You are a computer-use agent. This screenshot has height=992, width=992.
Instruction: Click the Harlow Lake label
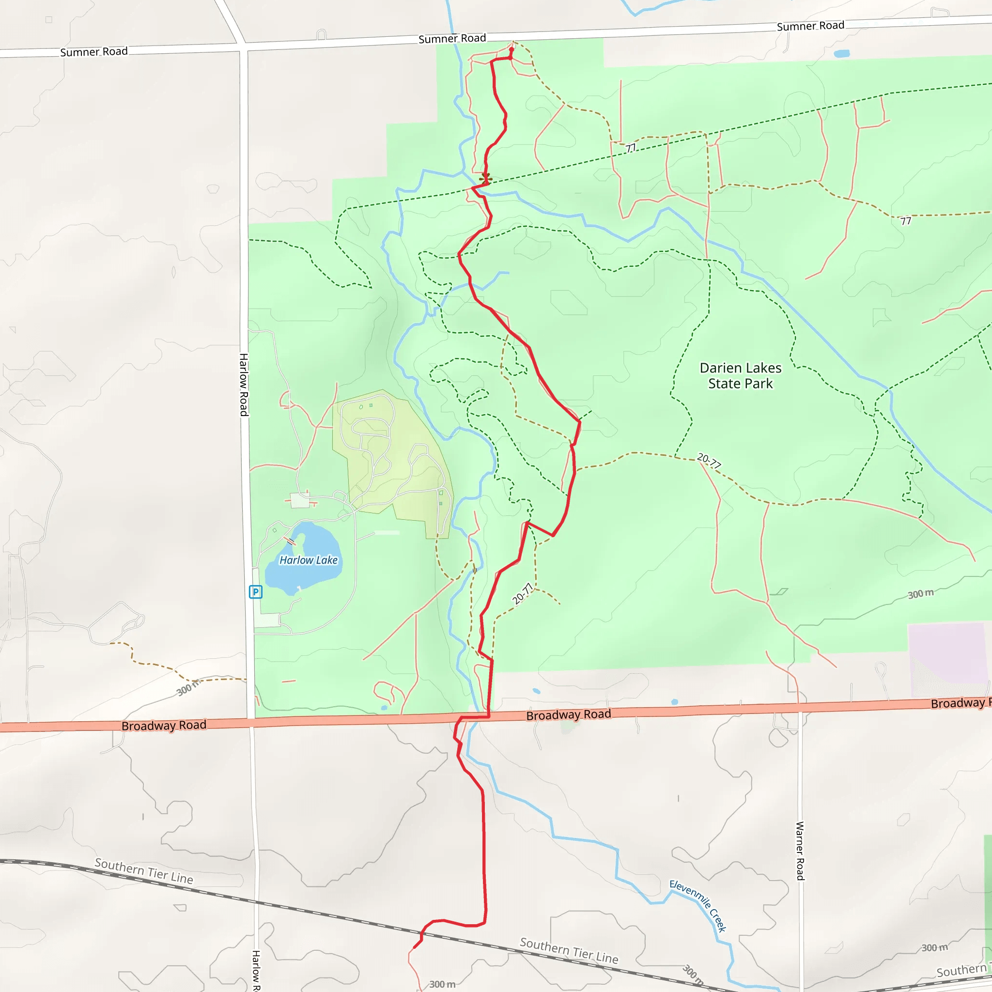pyautogui.click(x=308, y=560)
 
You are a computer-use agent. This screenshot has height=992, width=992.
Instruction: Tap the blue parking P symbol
pyautogui.click(x=256, y=592)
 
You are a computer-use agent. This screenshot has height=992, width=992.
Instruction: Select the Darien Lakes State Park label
pyautogui.click(x=741, y=376)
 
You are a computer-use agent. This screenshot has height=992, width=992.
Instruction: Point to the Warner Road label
pyautogui.click(x=800, y=851)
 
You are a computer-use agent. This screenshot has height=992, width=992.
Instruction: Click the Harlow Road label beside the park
pyautogui.click(x=244, y=385)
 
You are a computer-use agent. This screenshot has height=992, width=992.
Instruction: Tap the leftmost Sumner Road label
pyautogui.click(x=93, y=52)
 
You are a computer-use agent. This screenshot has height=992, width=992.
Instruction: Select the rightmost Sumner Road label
pyautogui.click(x=810, y=26)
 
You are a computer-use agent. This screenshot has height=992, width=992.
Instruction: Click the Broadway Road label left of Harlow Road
pyautogui.click(x=164, y=725)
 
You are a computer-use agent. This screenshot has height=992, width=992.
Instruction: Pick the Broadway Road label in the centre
pyautogui.click(x=568, y=715)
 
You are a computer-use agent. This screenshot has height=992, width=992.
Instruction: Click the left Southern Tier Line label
pyautogui.click(x=144, y=871)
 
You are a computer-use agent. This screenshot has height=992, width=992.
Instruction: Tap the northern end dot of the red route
pyautogui.click(x=511, y=50)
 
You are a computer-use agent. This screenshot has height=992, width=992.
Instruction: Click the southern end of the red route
pyautogui.click(x=414, y=948)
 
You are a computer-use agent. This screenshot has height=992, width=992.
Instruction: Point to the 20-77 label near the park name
pyautogui.click(x=709, y=461)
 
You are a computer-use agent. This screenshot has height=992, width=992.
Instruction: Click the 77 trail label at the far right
pyautogui.click(x=906, y=221)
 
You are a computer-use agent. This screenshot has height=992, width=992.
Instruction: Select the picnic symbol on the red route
pyautogui.click(x=485, y=178)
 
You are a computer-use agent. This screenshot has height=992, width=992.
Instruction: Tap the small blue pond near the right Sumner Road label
pyautogui.click(x=841, y=53)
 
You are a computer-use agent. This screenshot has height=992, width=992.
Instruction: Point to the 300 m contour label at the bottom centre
pyautogui.click(x=442, y=984)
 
